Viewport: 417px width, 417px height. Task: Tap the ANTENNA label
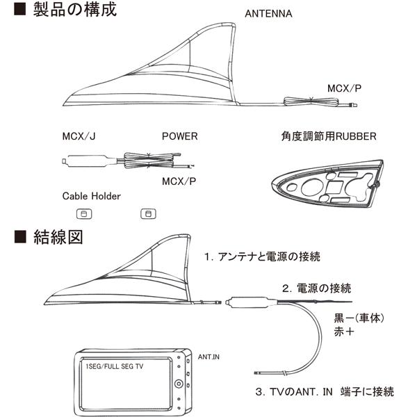click(x=269, y=14)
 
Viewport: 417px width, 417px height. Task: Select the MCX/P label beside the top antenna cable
click(x=344, y=89)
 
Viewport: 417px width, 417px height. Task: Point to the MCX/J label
click(x=79, y=136)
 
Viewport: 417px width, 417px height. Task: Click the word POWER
click(x=179, y=136)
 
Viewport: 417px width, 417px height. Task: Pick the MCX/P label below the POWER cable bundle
click(x=178, y=181)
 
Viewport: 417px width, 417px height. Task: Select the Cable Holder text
click(x=91, y=196)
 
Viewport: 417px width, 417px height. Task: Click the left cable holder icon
click(x=81, y=213)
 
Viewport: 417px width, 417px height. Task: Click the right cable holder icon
click(x=147, y=213)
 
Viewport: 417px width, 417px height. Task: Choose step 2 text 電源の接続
click(x=316, y=288)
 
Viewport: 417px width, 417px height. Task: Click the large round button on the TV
click(x=179, y=384)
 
